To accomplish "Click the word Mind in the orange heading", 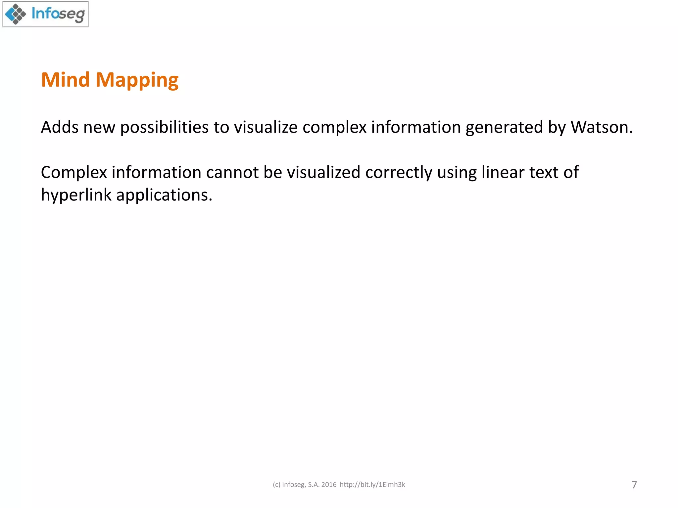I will pyautogui.click(x=65, y=80).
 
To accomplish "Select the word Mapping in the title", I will pyautogui.click(x=137, y=80).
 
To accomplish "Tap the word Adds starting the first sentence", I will pyautogui.click(x=60, y=127).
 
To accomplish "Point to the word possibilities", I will pyautogui.click(x=164, y=128).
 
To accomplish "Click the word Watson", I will pyautogui.click(x=602, y=127).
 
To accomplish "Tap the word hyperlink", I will pyautogui.click(x=76, y=195).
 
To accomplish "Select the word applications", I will pyautogui.click(x=164, y=195).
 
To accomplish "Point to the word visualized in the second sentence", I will pyautogui.click(x=323, y=172).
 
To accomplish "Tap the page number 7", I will pyautogui.click(x=634, y=485).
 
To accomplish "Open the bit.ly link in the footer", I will pyautogui.click(x=372, y=485).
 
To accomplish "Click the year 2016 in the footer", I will pyautogui.click(x=329, y=485).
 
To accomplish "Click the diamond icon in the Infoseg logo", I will pyautogui.click(x=16, y=14).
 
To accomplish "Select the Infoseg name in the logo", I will pyautogui.click(x=58, y=14).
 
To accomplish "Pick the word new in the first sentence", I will pyautogui.click(x=99, y=128).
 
